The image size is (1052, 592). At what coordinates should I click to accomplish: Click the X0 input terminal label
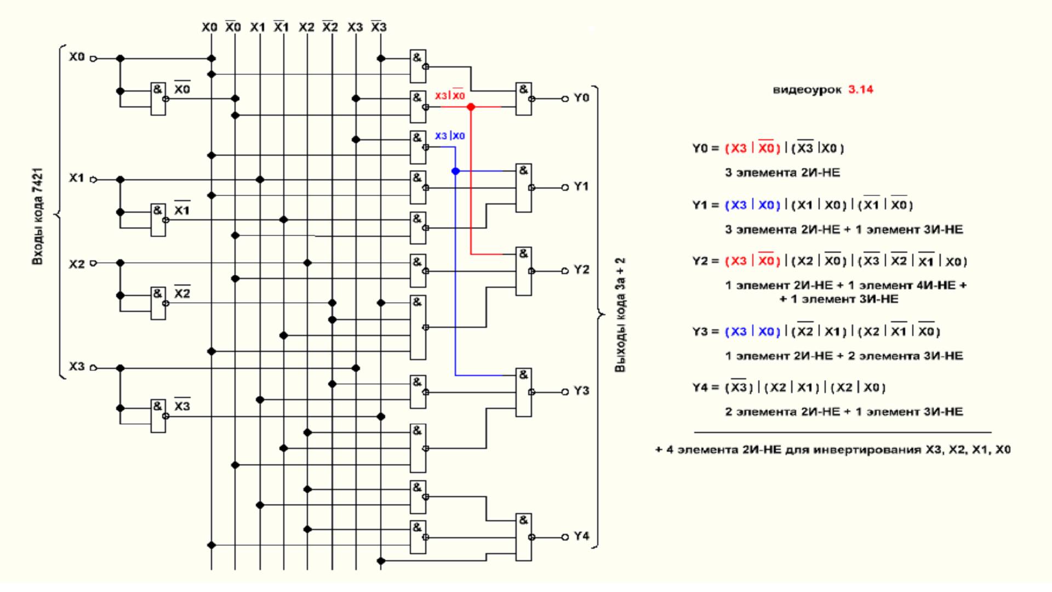coord(77,57)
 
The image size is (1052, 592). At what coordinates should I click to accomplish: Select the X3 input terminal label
coord(77,366)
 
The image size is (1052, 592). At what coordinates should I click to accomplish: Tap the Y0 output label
coord(581,98)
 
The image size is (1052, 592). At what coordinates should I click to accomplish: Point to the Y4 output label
coord(581,536)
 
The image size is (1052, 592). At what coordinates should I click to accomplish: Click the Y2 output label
coord(581,270)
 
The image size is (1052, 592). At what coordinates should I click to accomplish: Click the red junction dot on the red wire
coord(471,107)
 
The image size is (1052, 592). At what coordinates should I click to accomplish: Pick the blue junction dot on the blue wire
coord(455,171)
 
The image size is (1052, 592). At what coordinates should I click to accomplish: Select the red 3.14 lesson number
coord(861,89)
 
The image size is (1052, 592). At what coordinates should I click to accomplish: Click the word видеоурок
coord(807,89)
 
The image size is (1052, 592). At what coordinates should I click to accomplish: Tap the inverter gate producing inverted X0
coord(158,99)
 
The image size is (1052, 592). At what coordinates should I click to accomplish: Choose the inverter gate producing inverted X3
coord(158,416)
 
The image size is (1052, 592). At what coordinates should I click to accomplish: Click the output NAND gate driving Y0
coord(524,99)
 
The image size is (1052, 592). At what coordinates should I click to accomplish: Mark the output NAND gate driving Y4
coord(524,537)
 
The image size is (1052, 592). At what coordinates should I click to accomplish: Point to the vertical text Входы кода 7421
coord(37,216)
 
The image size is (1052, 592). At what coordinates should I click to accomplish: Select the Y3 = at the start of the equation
coord(705,332)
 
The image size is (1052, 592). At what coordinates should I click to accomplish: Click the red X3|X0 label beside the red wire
coord(450,95)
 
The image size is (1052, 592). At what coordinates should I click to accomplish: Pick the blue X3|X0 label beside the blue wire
coord(450,136)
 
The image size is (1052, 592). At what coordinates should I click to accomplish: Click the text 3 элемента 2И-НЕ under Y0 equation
coord(782,173)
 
